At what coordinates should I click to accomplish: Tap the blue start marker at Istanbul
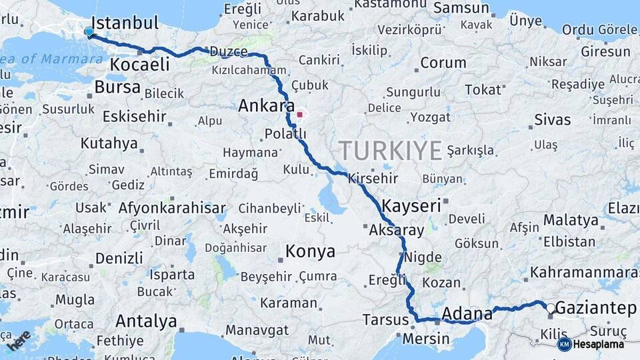(x=89, y=31)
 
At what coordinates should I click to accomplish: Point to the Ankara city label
(x=267, y=106)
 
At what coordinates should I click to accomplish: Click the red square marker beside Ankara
(x=299, y=115)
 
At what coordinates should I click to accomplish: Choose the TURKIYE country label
(x=390, y=151)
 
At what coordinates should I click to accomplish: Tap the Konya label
(x=310, y=251)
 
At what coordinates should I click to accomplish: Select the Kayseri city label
(x=411, y=205)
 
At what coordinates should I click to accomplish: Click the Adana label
(x=462, y=313)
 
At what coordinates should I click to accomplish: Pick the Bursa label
(x=117, y=87)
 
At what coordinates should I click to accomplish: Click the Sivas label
(x=553, y=120)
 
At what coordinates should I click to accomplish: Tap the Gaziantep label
(x=596, y=308)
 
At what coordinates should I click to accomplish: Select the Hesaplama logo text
(x=599, y=344)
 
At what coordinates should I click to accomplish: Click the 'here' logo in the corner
(x=19, y=340)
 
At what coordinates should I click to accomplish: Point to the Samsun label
(x=461, y=8)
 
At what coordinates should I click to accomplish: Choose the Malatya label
(x=571, y=220)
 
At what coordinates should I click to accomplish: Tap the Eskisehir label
(x=135, y=117)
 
